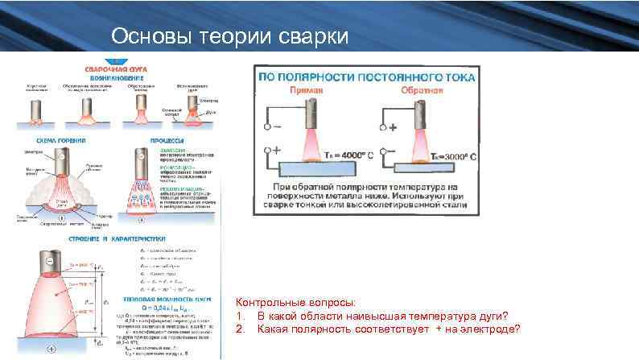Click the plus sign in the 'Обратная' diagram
(x=394, y=127)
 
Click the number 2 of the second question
(x=240, y=329)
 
